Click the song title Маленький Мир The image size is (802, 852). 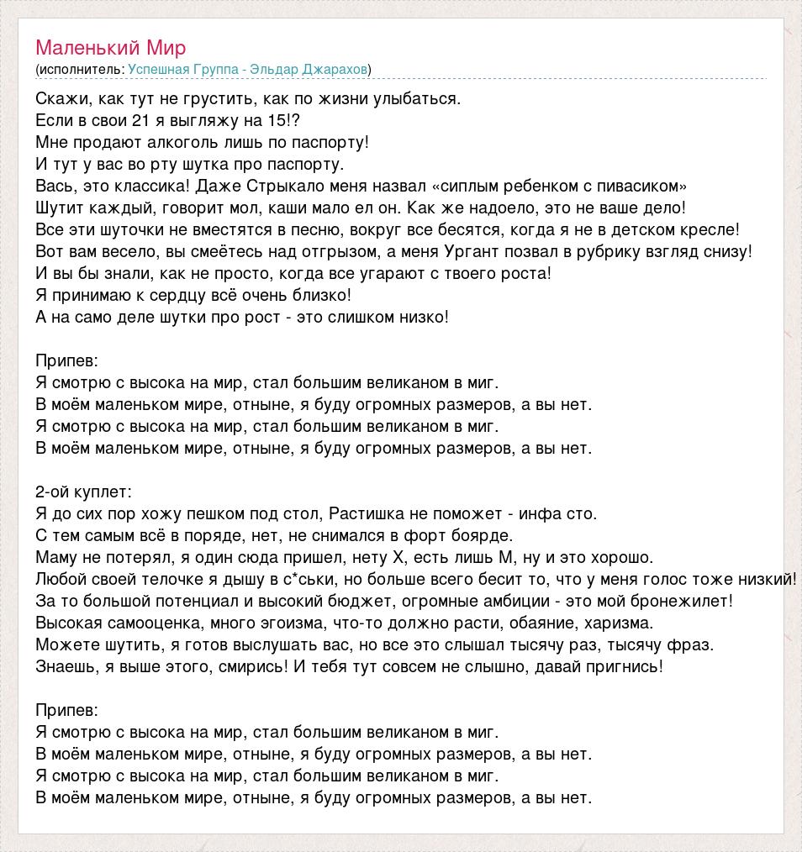click(111, 47)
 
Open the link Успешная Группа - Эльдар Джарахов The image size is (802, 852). click(248, 69)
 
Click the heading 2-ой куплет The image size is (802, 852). click(83, 492)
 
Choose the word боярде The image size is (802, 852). click(487, 535)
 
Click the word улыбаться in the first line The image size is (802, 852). click(422, 98)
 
